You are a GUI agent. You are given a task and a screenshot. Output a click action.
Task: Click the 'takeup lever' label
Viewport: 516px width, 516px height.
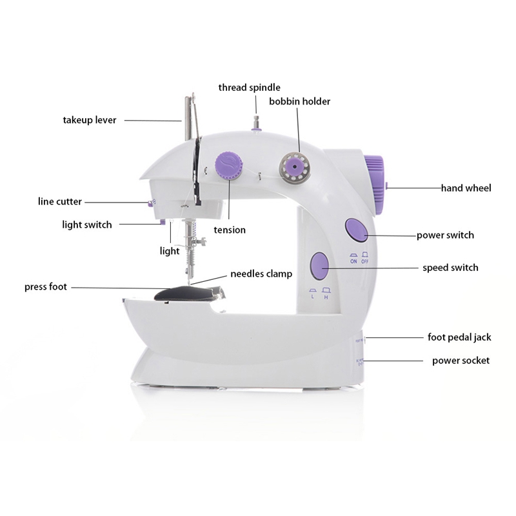point(90,120)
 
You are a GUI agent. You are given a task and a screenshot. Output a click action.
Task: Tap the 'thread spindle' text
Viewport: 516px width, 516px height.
point(249,87)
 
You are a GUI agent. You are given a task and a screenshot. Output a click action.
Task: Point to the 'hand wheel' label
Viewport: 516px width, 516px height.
point(466,188)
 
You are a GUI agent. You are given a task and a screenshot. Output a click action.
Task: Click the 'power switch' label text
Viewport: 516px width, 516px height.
point(445,235)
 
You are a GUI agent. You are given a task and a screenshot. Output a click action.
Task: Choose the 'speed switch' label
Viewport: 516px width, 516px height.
point(450,267)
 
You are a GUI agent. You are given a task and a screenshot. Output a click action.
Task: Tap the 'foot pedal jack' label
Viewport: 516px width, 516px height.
point(459,337)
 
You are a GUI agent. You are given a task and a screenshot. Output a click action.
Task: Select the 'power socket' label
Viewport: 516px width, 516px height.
point(461,361)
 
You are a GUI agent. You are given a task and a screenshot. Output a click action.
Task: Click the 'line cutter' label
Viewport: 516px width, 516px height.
point(60,202)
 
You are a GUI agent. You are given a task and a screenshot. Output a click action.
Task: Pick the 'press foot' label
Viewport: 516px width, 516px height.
point(46,286)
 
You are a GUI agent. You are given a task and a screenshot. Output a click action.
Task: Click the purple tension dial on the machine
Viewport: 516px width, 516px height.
point(228,165)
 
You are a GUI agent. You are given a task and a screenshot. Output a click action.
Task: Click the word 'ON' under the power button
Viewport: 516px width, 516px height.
point(353,261)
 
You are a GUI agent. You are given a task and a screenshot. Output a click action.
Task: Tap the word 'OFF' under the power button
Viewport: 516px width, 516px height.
point(366,261)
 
